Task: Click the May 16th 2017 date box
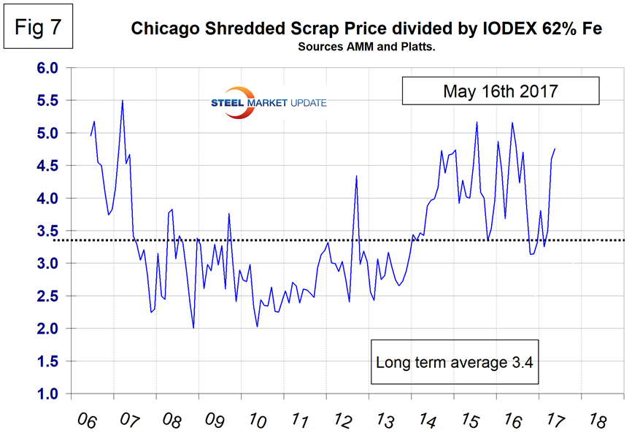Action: click(x=499, y=92)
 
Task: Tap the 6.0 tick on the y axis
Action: click(x=45, y=68)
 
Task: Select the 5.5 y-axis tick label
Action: click(x=45, y=101)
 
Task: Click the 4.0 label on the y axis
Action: click(x=45, y=199)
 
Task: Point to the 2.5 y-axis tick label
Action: click(x=45, y=296)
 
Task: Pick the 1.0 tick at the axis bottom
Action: click(x=45, y=394)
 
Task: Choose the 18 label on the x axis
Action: click(x=596, y=420)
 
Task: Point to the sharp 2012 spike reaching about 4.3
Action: click(x=356, y=176)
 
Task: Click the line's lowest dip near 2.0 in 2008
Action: click(x=193, y=328)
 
